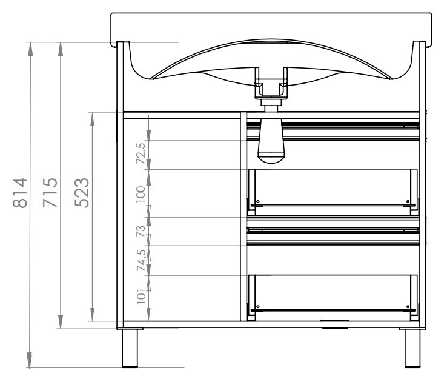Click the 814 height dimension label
pos(20,193)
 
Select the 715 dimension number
pos(50,193)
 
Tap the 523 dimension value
pos(82,192)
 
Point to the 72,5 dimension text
pos(141,153)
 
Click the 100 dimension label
pos(141,194)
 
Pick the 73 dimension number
pos(141,231)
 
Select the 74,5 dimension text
pos(141,261)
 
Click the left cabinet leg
pos(130,348)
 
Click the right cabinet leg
pos(412,348)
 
